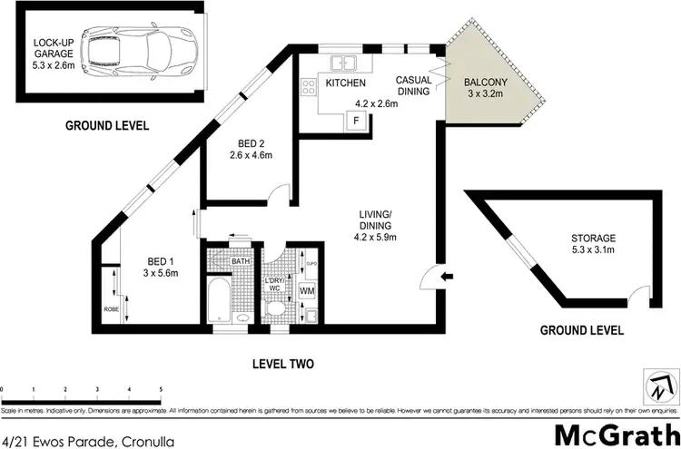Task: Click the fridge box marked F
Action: tap(356, 120)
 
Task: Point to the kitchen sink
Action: tap(343, 63)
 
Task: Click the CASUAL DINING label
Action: tap(414, 87)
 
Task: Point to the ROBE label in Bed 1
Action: tap(111, 307)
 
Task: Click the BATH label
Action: tap(240, 261)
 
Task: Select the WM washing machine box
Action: tap(306, 290)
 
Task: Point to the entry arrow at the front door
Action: tap(444, 276)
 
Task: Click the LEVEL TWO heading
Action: tap(282, 364)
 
